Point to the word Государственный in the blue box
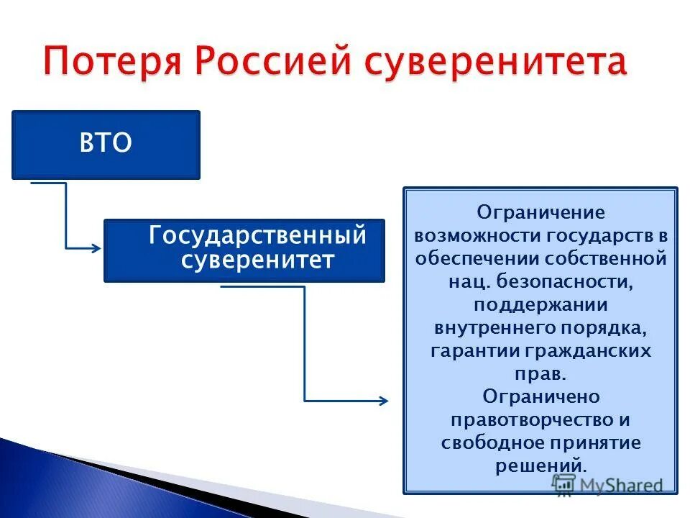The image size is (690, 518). click(257, 236)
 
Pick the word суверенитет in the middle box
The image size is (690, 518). click(257, 260)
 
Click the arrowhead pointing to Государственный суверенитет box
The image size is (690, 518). click(96, 248)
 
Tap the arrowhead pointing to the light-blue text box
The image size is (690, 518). click(382, 400)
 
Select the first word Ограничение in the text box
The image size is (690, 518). click(540, 213)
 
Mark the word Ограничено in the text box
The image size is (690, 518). click(540, 397)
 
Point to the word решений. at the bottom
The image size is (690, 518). click(540, 465)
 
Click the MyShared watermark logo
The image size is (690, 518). click(607, 484)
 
